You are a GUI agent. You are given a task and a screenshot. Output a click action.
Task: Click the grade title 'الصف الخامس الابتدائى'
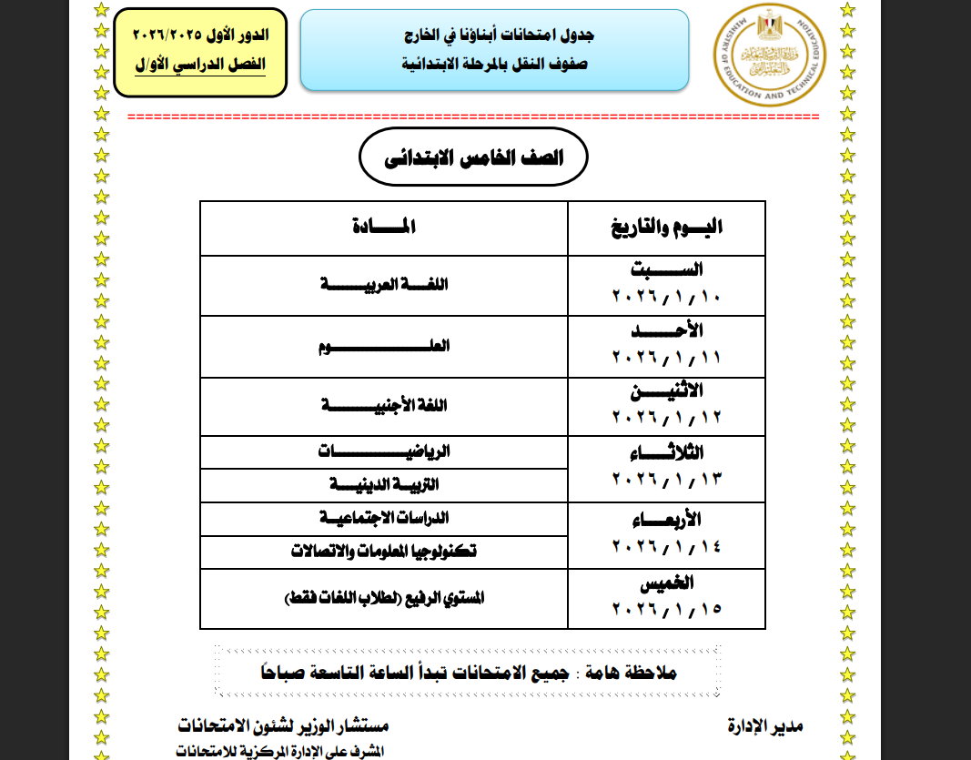[473, 158]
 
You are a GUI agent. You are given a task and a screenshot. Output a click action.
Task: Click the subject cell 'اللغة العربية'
[385, 285]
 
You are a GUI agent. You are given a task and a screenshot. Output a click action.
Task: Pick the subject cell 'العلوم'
[385, 347]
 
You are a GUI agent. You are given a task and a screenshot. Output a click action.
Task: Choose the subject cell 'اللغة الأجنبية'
[385, 406]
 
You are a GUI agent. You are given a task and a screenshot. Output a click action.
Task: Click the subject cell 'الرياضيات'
[385, 451]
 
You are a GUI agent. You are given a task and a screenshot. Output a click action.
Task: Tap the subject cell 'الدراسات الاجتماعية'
[385, 518]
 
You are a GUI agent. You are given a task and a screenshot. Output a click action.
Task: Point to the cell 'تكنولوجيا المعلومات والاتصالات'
[385, 552]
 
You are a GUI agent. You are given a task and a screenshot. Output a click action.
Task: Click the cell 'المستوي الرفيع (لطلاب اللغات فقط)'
[385, 598]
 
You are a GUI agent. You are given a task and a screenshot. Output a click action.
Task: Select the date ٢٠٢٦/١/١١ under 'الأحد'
[666, 358]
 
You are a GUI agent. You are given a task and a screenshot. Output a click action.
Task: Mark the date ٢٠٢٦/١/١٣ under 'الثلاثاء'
[666, 480]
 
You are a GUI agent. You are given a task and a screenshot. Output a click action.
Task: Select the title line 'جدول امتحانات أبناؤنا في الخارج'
[495, 37]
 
